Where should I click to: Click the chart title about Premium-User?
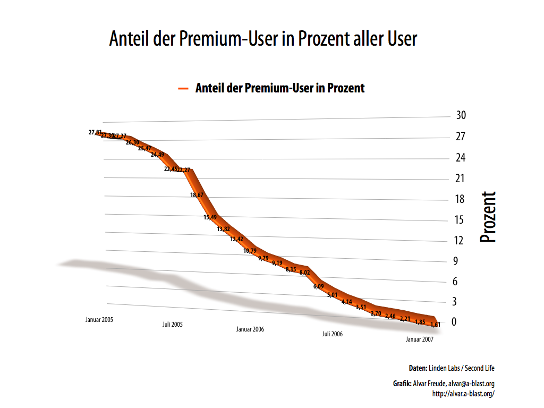click(x=263, y=39)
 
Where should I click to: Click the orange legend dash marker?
click(x=183, y=89)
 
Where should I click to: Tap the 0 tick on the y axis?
click(x=455, y=322)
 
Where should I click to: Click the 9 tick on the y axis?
click(x=455, y=261)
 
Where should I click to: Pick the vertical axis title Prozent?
click(x=488, y=217)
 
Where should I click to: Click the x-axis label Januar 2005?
click(x=99, y=320)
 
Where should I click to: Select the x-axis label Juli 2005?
click(x=173, y=324)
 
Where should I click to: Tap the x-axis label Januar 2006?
click(x=250, y=329)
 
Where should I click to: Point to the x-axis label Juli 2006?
click(x=333, y=334)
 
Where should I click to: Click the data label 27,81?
click(x=95, y=132)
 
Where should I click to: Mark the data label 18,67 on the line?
click(x=197, y=195)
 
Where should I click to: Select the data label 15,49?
click(x=210, y=217)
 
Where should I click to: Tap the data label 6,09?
click(x=318, y=286)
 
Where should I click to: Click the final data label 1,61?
click(x=435, y=324)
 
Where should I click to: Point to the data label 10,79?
click(x=250, y=251)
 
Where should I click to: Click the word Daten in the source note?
click(x=418, y=368)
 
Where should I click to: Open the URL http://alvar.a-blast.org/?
click(x=464, y=394)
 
